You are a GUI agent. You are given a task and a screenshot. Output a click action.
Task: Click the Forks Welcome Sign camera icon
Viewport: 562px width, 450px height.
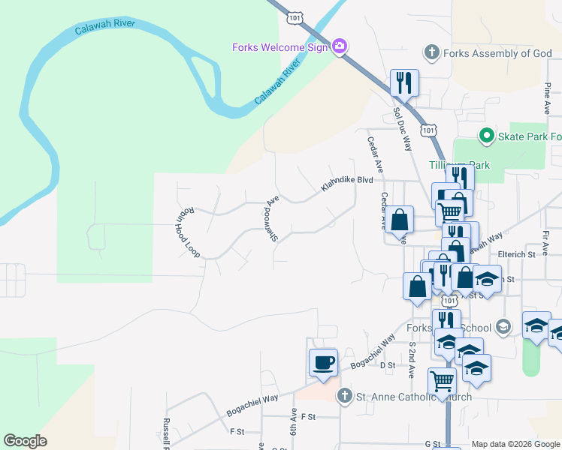[340, 47]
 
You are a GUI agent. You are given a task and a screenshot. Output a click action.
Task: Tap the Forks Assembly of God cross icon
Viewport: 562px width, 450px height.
[431, 52]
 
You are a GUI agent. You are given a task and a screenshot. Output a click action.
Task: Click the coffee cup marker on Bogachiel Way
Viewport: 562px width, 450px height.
[323, 364]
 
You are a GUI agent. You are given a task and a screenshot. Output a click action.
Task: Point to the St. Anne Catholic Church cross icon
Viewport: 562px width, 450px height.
[344, 395]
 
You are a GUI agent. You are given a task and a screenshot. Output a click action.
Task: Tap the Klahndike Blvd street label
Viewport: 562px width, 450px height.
[347, 183]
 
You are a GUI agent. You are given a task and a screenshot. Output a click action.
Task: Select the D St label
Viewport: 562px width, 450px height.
[388, 365]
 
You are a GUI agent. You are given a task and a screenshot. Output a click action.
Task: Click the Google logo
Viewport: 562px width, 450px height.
[25, 441]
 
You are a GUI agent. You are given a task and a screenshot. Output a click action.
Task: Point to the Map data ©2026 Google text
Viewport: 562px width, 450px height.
[515, 444]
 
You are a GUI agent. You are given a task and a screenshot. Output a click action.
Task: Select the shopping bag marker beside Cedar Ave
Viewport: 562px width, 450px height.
[400, 220]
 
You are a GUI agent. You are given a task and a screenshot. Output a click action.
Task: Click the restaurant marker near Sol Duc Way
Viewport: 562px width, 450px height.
[404, 82]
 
